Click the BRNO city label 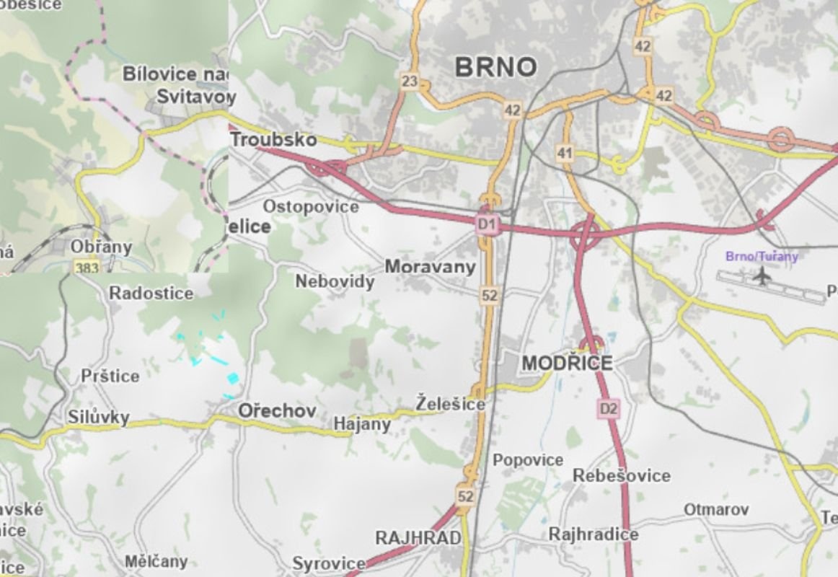[496, 67]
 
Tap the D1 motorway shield [488, 225]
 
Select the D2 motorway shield [609, 409]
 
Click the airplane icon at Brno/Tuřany [760, 275]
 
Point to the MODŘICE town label [567, 363]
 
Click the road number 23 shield [410, 82]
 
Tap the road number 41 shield [564, 153]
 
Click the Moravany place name [430, 267]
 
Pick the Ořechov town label [277, 410]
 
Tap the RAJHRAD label [418, 538]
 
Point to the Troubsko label [273, 138]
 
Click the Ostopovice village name [310, 207]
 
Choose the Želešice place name [451, 404]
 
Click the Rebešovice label [621, 476]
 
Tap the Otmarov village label [715, 509]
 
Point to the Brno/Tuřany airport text [762, 256]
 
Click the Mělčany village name [156, 561]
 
